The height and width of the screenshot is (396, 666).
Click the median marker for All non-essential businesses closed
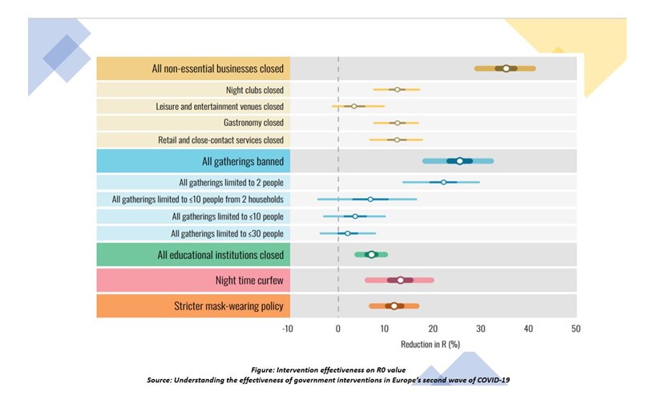point(506,68)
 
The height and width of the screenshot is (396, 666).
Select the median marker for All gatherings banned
point(459,161)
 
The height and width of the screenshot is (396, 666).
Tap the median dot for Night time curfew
point(401,280)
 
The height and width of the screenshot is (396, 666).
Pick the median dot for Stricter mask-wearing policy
point(394,305)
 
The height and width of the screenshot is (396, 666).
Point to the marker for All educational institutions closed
point(371,254)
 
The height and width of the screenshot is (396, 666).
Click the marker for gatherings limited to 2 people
point(444,182)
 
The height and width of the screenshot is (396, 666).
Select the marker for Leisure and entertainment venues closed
point(353,106)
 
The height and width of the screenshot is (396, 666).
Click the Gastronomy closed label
point(252,123)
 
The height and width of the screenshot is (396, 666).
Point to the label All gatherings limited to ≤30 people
point(227,233)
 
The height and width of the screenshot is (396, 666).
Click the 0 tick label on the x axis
point(338,329)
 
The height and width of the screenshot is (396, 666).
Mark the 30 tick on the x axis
point(480,329)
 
